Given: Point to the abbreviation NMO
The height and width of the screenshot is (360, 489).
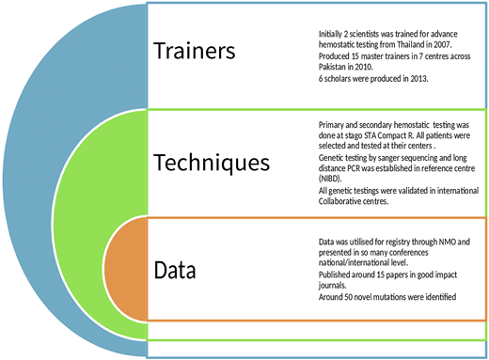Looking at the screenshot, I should click(x=432, y=243).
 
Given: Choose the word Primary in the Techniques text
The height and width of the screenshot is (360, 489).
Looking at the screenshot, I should click(x=334, y=125).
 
